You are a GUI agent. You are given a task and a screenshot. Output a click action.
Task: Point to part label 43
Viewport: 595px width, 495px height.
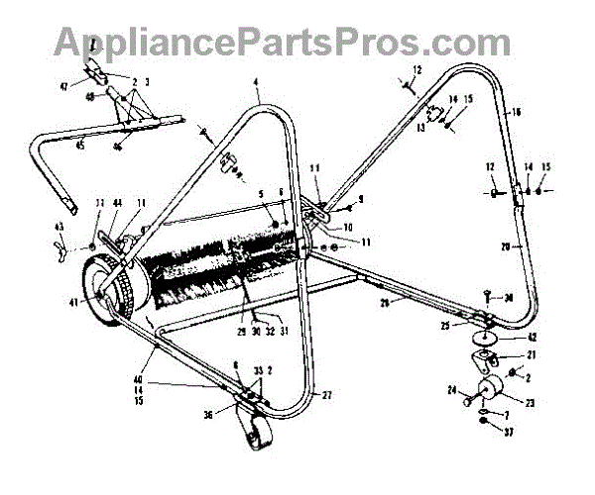[59, 228]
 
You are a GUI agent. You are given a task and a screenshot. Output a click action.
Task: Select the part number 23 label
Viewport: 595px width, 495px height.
[530, 403]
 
